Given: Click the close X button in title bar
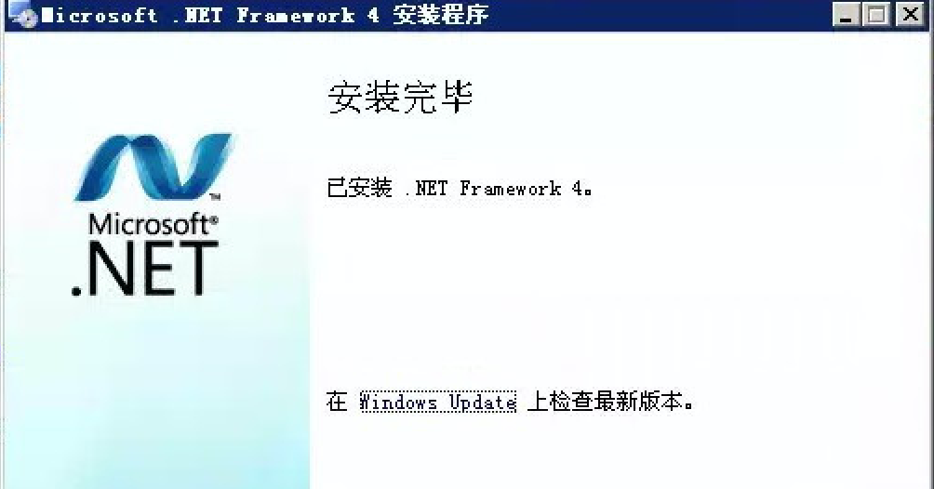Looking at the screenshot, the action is pos(910,14).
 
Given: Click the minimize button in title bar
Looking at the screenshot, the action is pos(846,14).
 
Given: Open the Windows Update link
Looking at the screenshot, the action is pos(438,402).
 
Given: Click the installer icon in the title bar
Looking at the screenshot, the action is pos(22,14).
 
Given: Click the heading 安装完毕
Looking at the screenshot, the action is pos(400,97).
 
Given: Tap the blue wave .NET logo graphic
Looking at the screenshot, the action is pos(153,167).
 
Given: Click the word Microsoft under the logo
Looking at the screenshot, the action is pos(148,224).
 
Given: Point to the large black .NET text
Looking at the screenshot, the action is pos(145,269).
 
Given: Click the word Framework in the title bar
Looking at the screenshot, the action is pos(296,15).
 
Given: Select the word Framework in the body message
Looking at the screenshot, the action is pos(511,189).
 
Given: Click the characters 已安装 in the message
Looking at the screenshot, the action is pos(360,188).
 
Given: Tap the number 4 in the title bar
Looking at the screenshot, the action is pos(373,15).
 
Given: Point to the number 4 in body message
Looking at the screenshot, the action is pos(578,189).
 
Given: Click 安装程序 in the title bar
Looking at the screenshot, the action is pos(441,14).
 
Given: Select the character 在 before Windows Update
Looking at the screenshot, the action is pos(337,402).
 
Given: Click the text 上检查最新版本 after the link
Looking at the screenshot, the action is pos(605,402).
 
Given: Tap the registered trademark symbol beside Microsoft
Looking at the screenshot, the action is pos(214,219).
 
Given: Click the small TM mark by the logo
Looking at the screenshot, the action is pos(215,196).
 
